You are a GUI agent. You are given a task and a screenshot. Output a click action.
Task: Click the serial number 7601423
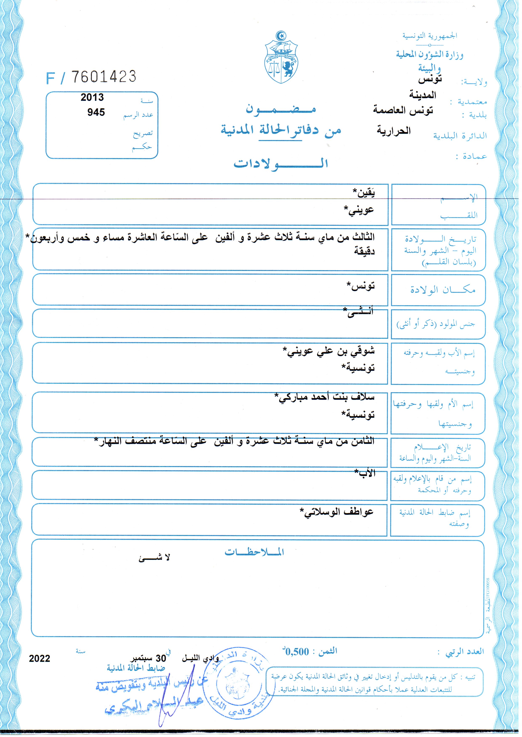coord(104,77)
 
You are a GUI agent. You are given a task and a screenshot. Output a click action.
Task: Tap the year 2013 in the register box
coord(92,97)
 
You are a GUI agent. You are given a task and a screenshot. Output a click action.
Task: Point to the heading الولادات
coord(281,164)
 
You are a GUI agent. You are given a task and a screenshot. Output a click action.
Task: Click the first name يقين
coord(364,193)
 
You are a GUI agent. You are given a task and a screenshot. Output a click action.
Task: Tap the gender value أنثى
coord(358,312)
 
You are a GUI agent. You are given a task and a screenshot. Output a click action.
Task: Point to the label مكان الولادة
coord(443,290)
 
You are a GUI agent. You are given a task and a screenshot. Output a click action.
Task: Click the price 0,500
coord(297,652)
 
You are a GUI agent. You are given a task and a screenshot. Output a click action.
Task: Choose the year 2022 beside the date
coord(40,659)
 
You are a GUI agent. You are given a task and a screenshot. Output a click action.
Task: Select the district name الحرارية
coord(394,131)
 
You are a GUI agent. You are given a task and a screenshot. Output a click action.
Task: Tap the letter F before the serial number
coord(50,78)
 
